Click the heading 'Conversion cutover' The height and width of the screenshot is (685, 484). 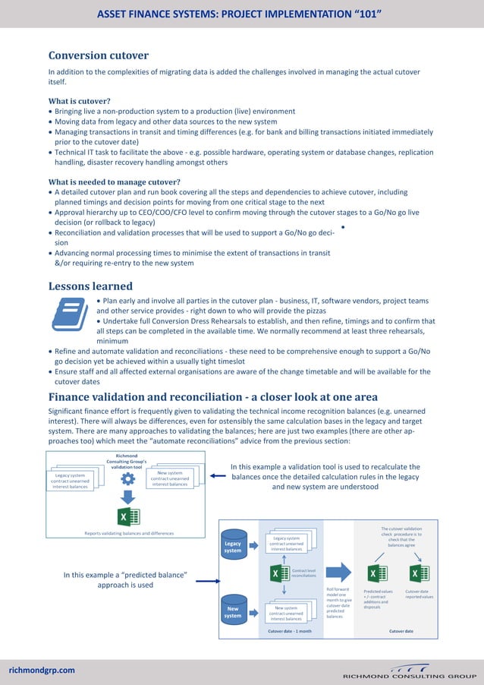[98, 55]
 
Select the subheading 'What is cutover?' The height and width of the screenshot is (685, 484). [80, 101]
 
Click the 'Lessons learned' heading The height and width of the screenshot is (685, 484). [90, 286]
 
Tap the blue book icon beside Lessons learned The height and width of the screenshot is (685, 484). [69, 314]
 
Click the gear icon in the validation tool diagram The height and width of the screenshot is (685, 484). [127, 478]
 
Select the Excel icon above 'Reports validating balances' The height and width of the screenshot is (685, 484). [127, 517]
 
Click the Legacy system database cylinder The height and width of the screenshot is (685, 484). [233, 547]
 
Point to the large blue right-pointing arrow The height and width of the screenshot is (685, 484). [340, 573]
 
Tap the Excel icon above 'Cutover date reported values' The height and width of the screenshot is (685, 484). [419, 573]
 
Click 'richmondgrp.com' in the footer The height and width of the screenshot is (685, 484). [42, 670]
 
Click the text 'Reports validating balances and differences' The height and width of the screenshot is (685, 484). [127, 533]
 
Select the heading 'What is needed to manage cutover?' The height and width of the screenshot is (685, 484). [114, 182]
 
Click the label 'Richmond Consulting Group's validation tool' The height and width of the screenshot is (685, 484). [127, 461]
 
